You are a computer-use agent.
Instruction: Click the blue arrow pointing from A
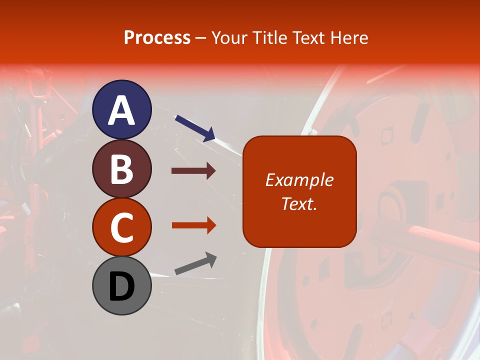[195, 128]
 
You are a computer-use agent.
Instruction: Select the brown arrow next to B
[193, 171]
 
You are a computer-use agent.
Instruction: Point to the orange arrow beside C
[193, 225]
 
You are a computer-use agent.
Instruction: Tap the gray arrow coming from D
[195, 263]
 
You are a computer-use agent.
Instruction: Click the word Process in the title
[157, 37]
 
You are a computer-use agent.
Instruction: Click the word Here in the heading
[350, 37]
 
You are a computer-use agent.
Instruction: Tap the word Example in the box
[299, 180]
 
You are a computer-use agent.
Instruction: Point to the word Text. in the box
[299, 203]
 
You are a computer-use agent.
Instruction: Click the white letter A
[122, 110]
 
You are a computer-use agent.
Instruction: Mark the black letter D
[122, 286]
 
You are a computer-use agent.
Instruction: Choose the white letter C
[122, 227]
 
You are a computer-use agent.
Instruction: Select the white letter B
[122, 169]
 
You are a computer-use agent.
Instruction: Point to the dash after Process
[201, 38]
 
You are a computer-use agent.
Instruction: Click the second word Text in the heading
[310, 37]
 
